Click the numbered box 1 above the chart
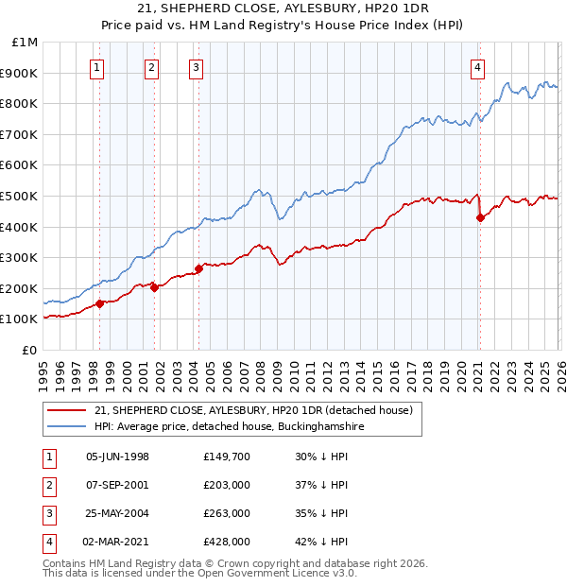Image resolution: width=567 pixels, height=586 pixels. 98,67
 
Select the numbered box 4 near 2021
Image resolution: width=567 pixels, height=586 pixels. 478,67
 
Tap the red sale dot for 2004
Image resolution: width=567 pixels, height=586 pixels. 199,268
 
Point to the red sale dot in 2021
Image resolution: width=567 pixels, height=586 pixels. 480,218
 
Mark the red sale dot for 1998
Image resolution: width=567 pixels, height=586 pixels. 100,303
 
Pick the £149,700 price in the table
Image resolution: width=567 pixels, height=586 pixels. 226,457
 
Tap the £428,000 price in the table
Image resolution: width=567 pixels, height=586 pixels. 226,542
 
